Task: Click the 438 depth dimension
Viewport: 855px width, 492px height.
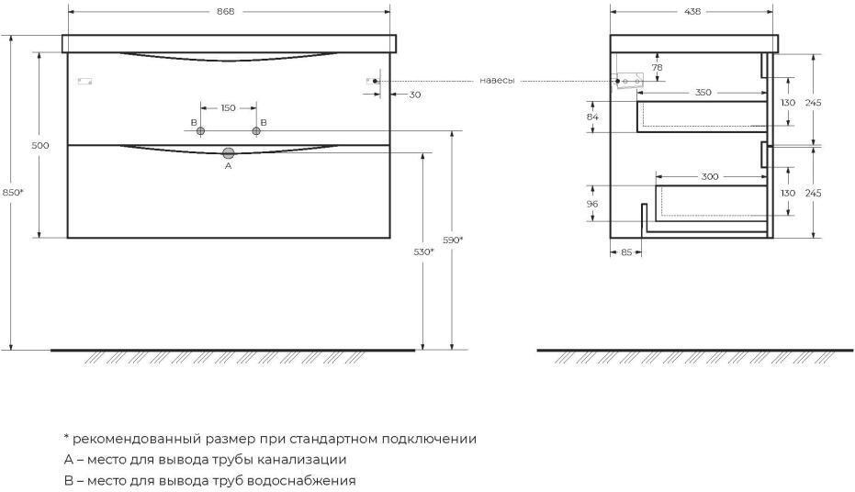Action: pos(692,11)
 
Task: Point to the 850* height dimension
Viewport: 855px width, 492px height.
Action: pos(13,192)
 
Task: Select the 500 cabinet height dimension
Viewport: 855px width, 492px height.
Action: pos(40,145)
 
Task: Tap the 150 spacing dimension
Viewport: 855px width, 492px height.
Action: pos(228,108)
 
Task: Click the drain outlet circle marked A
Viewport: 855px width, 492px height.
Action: pos(229,153)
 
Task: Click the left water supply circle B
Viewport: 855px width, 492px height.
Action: pos(200,130)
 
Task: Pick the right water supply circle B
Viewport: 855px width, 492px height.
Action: pos(256,130)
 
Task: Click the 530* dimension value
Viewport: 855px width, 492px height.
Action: pos(423,252)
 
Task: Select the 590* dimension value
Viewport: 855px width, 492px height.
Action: pos(453,240)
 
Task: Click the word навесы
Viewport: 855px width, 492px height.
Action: pos(497,81)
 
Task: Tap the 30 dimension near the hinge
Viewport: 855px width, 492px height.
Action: pos(415,95)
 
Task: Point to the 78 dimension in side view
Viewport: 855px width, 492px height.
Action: pos(658,68)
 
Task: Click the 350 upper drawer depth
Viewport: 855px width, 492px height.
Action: pos(703,93)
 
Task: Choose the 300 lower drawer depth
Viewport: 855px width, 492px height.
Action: pos(710,176)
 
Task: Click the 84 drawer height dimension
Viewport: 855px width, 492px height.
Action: pos(592,117)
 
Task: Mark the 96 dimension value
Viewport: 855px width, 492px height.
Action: pos(592,204)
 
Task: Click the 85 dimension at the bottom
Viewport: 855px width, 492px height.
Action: pos(626,252)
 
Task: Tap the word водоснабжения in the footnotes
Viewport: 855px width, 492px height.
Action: pos(301,481)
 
